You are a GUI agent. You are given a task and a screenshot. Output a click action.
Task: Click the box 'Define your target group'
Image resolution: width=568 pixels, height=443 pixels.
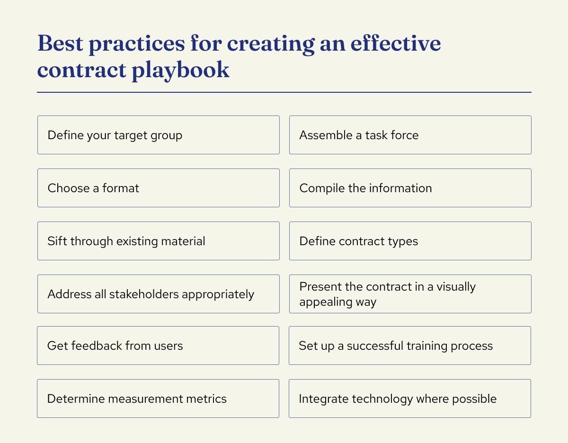coord(158,135)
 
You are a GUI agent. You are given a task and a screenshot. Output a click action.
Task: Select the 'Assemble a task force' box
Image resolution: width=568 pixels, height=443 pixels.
coord(410,135)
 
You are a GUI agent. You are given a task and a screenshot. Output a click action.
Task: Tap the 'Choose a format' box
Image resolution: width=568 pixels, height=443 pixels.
coord(158,188)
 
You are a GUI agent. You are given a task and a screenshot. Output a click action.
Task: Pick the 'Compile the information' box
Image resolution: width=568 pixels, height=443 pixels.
coord(410,188)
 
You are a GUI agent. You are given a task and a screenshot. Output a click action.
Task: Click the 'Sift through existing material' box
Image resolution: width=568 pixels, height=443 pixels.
coord(158,241)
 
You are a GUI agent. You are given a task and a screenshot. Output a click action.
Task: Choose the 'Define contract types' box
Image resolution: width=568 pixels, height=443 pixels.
coord(410,241)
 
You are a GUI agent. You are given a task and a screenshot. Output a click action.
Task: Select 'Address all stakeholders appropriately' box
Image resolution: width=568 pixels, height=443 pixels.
coord(158,294)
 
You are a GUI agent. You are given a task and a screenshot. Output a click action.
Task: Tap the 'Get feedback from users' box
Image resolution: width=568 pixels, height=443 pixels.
coord(158,346)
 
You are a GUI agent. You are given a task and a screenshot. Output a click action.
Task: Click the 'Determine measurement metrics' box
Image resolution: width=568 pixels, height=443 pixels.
coord(158,399)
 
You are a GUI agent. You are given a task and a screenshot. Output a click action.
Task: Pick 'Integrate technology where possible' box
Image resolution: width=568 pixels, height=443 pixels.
coord(410,399)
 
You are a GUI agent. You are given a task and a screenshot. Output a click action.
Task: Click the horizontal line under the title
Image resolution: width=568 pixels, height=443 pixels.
coord(284,92)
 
